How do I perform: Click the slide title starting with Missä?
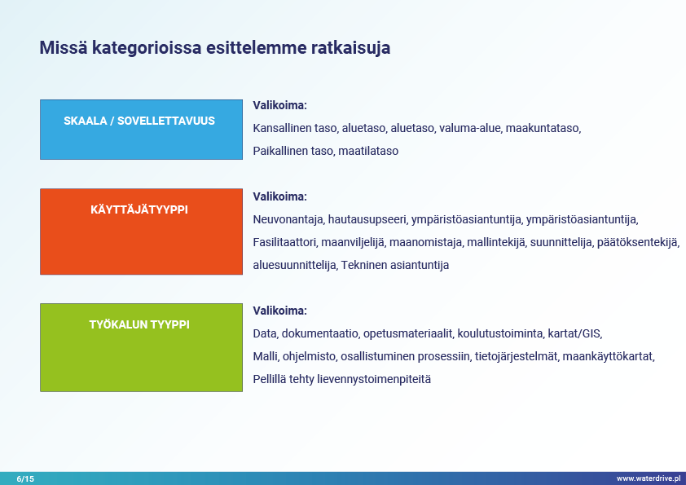tap(215, 48)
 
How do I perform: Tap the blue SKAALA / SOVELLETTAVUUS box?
tap(141, 130)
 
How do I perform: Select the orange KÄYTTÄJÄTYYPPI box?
tap(141, 231)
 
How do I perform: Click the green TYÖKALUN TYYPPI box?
tap(141, 347)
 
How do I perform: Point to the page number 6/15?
tap(25, 478)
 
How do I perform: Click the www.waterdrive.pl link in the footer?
tap(649, 478)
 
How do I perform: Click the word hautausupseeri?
tap(367, 219)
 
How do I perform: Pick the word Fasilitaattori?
tap(285, 242)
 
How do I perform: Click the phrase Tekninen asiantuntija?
tap(395, 265)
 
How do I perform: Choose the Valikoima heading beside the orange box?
tap(280, 196)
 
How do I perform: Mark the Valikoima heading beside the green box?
tap(280, 311)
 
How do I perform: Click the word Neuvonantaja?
tap(288, 219)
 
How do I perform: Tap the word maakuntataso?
tap(543, 128)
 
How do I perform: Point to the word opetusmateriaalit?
tap(408, 333)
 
